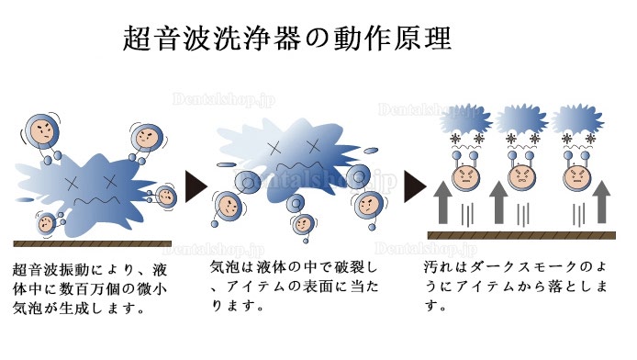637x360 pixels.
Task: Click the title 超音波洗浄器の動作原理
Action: click(x=286, y=39)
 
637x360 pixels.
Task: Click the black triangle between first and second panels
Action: click(x=196, y=186)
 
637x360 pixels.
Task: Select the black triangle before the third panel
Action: click(x=415, y=186)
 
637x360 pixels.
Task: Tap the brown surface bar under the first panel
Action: click(x=92, y=243)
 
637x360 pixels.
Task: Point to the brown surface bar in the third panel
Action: click(x=521, y=235)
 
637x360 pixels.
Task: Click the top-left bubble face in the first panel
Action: click(x=42, y=130)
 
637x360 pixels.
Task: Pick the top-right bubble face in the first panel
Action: click(x=147, y=138)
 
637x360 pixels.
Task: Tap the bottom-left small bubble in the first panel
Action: click(x=46, y=222)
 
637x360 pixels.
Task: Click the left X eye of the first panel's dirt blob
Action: click(x=73, y=184)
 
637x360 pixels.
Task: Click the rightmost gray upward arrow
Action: click(x=601, y=202)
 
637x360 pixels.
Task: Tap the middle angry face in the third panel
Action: click(x=521, y=177)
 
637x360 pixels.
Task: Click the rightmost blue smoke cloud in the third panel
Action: click(x=577, y=119)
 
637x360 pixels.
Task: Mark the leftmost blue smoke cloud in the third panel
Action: click(x=465, y=119)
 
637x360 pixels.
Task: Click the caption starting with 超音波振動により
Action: click(x=90, y=289)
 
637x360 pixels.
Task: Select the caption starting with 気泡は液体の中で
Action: click(x=295, y=287)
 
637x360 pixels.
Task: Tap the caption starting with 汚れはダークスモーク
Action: click(x=515, y=287)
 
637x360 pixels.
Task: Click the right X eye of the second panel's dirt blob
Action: click(x=314, y=146)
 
